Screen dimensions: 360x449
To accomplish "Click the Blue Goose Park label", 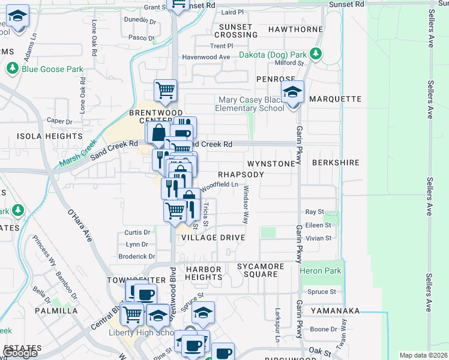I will [52, 69].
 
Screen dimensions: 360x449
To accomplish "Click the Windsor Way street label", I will [246, 205].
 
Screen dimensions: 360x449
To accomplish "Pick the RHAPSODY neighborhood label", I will [240, 174].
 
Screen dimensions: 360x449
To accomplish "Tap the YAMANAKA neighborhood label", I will [335, 311].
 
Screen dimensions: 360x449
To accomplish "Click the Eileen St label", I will [318, 225].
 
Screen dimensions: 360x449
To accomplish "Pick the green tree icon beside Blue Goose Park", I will [12, 69].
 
